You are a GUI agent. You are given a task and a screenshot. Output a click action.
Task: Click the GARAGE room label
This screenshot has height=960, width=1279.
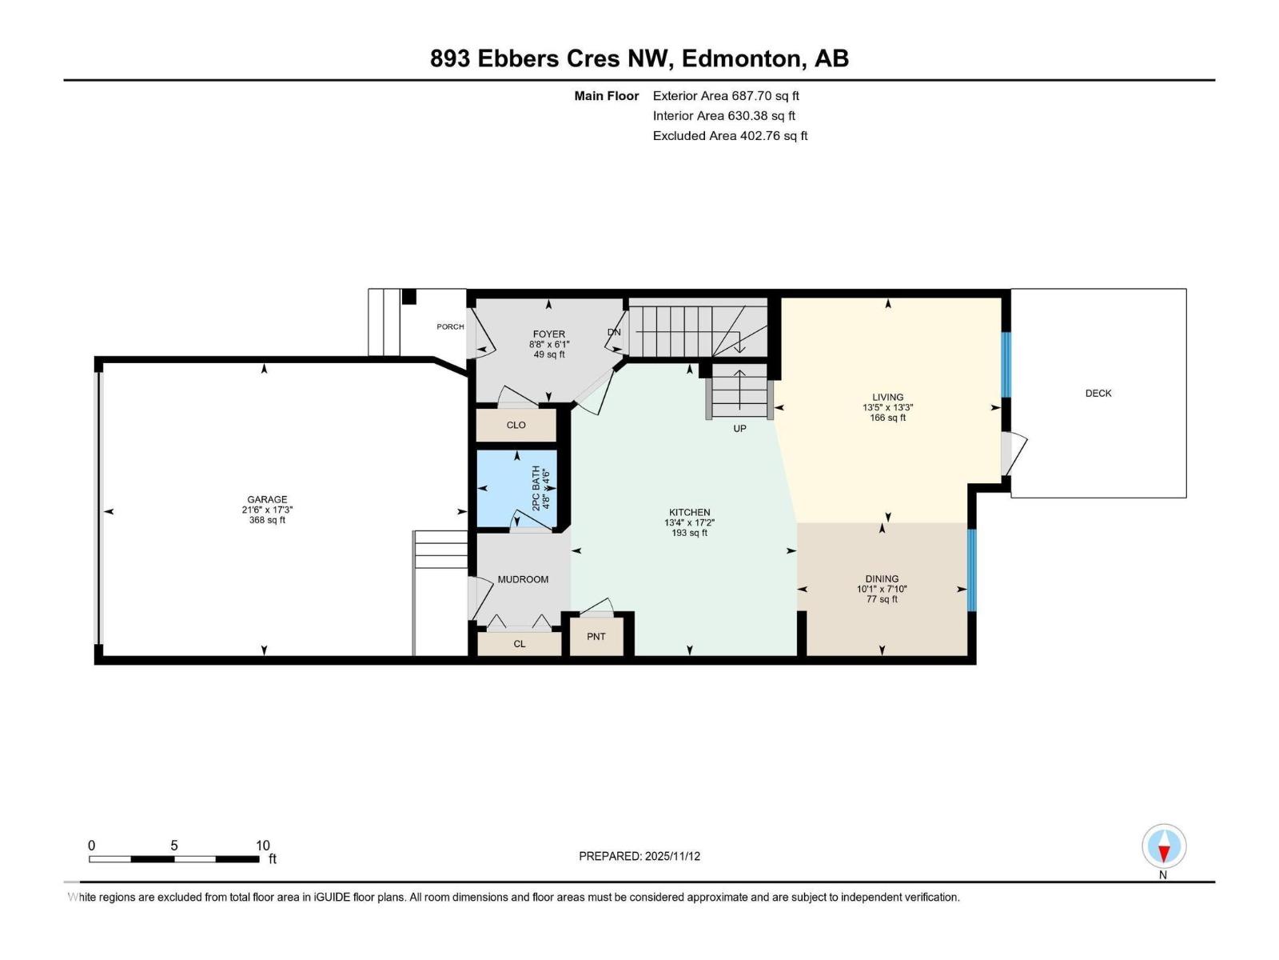tap(267, 499)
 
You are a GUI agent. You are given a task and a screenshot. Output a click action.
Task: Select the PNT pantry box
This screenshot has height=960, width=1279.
tap(596, 637)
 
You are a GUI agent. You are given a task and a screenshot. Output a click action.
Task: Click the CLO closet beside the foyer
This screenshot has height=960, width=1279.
tap(516, 425)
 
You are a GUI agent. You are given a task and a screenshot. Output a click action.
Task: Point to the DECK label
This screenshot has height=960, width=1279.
tap(1098, 393)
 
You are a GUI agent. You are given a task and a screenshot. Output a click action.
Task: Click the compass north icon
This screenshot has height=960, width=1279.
tap(1164, 846)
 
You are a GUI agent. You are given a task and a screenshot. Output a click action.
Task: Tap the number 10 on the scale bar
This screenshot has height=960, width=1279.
tap(262, 846)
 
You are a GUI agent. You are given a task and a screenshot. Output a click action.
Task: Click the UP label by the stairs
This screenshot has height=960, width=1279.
tap(739, 429)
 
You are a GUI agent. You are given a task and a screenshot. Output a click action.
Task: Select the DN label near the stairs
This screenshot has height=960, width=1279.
tap(614, 332)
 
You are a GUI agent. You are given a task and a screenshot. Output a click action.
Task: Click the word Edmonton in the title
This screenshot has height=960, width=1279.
tap(742, 58)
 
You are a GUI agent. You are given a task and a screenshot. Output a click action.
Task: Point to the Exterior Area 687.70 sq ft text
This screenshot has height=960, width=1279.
tap(726, 96)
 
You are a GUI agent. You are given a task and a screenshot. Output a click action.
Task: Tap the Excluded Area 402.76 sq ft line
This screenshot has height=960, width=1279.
tap(730, 136)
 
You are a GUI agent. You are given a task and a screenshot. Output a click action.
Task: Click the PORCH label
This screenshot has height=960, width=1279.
tap(450, 326)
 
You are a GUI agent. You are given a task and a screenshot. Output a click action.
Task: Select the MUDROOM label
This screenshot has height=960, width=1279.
tap(523, 579)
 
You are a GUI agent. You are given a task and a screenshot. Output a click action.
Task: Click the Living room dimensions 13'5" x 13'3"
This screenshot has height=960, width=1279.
tap(887, 407)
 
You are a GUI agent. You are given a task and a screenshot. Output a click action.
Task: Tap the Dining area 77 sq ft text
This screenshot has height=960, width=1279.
tap(882, 599)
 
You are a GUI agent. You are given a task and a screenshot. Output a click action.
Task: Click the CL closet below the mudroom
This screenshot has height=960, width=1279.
tap(520, 643)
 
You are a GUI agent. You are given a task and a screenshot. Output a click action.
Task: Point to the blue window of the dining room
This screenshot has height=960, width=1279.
tap(972, 570)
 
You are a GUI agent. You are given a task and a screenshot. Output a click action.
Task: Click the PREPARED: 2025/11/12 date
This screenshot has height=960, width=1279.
tap(639, 856)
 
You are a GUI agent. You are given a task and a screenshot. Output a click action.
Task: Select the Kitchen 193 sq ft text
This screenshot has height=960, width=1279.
tap(689, 533)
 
